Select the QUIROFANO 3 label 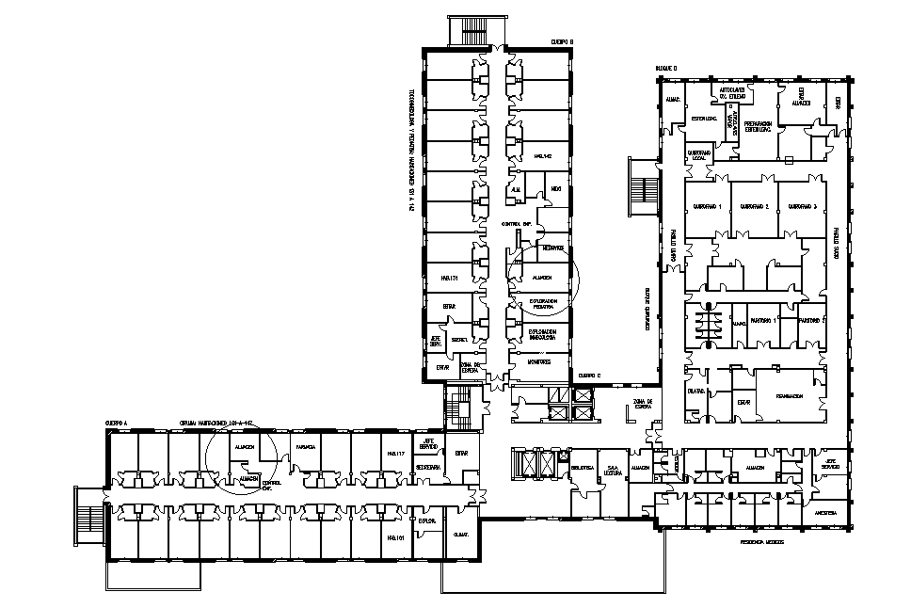tap(801, 206)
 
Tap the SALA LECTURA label tap(614, 470)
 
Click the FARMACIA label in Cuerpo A tap(305, 447)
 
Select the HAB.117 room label tap(395, 455)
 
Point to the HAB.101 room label tap(395, 537)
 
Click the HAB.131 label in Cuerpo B tap(447, 279)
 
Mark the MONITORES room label tap(539, 360)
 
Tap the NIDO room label tap(556, 189)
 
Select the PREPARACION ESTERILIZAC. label tap(759, 126)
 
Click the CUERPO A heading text tap(117, 423)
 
